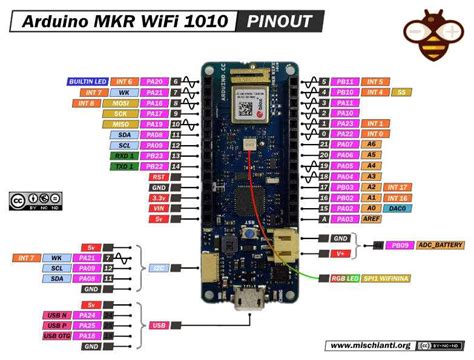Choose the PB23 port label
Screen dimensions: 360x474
pos(153,156)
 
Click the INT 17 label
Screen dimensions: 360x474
pos(398,186)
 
